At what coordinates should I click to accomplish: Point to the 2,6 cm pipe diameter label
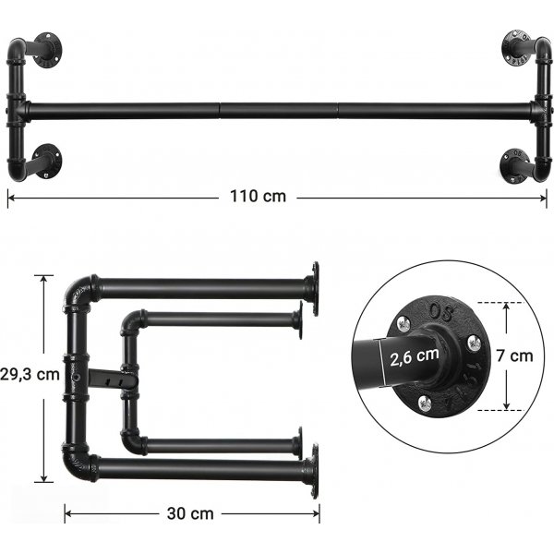click(x=414, y=355)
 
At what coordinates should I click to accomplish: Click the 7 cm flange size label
click(x=521, y=355)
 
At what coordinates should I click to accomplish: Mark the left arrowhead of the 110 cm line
click(x=10, y=196)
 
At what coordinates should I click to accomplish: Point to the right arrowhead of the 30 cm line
click(x=316, y=513)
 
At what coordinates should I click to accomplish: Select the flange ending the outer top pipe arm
click(x=315, y=287)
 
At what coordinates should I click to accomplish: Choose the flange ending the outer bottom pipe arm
click(x=315, y=469)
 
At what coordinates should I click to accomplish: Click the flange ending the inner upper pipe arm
click(x=298, y=320)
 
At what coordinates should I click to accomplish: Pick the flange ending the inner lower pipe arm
click(x=298, y=443)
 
